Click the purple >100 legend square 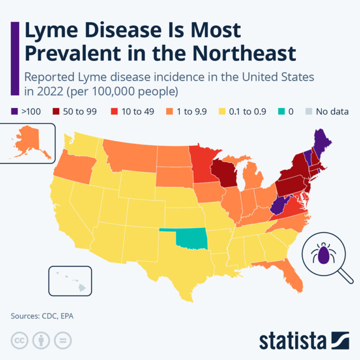point(15,111)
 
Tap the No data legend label point(332,111)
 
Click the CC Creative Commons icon point(19,340)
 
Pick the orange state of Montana point(129,153)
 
